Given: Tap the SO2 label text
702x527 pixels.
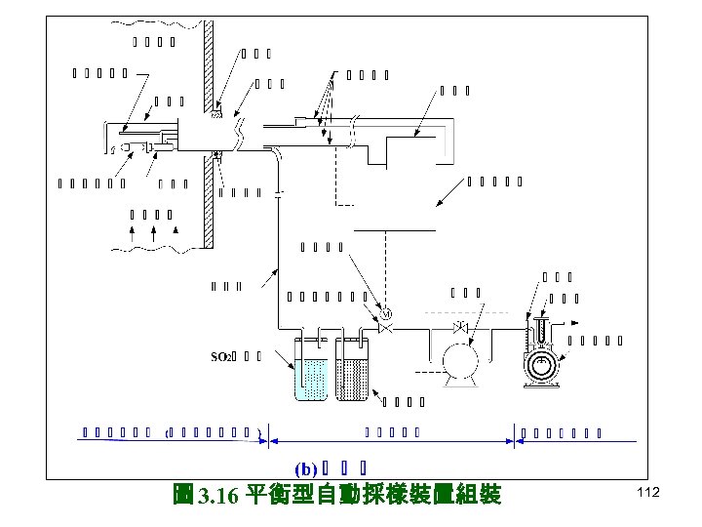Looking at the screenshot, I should (222, 355).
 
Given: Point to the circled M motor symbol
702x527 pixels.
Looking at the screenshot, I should (385, 314).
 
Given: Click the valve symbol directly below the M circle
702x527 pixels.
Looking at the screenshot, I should (385, 332).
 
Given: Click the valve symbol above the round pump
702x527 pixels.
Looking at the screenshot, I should (460, 326).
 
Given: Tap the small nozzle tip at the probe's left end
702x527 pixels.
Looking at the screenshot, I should (113, 148).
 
